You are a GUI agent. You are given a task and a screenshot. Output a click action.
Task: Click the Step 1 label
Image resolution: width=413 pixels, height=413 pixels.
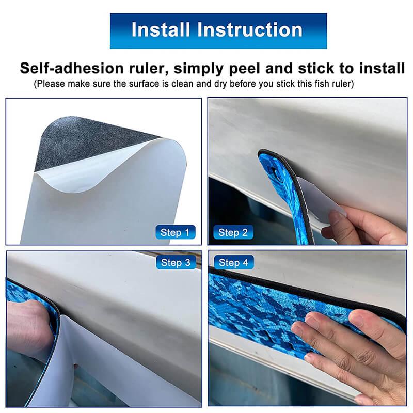click(x=175, y=232)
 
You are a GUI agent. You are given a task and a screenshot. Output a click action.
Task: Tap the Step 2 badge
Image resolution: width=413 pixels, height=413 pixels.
click(x=233, y=232)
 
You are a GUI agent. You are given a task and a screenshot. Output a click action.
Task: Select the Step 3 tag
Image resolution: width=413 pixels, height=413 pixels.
click(x=176, y=262)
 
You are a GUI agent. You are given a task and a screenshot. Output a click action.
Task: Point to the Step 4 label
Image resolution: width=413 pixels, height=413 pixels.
click(x=234, y=262)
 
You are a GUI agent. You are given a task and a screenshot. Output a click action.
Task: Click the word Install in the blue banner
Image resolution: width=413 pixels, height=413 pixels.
click(x=161, y=29)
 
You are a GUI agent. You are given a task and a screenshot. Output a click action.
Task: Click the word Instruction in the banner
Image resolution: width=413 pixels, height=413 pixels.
click(x=250, y=29)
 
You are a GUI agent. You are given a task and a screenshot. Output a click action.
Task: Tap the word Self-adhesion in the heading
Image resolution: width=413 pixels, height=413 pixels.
click(x=72, y=68)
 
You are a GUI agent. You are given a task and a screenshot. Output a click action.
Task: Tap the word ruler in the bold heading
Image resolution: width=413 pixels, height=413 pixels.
click(x=149, y=68)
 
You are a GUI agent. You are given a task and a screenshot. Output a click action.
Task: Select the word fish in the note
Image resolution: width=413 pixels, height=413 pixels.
click(x=322, y=84)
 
